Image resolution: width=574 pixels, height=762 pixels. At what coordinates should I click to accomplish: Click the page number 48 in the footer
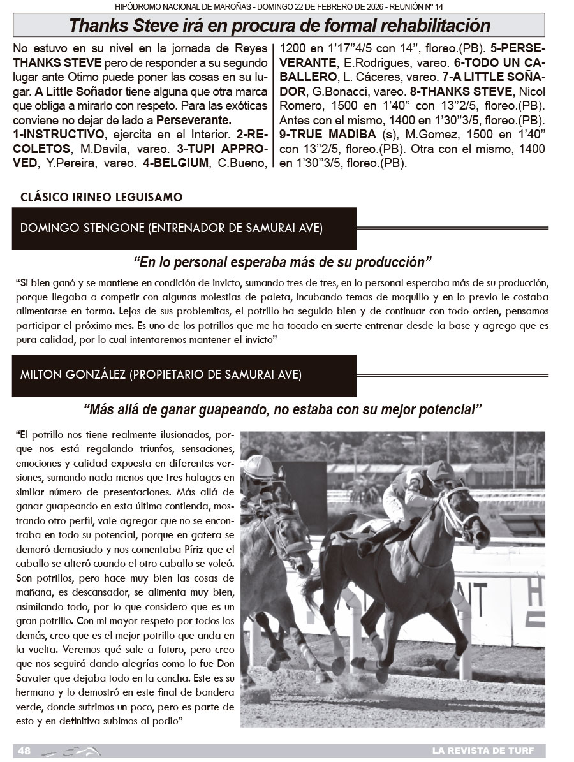pyautogui.click(x=24, y=751)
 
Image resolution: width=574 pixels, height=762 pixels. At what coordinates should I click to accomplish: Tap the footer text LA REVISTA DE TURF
pyautogui.click(x=483, y=751)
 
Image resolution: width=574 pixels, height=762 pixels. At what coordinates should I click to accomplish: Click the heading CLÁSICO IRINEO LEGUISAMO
pyautogui.click(x=101, y=197)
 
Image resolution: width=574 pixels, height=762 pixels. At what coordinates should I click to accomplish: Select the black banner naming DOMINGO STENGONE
pyautogui.click(x=184, y=228)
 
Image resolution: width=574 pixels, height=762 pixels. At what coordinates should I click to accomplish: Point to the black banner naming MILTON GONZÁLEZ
pyautogui.click(x=184, y=374)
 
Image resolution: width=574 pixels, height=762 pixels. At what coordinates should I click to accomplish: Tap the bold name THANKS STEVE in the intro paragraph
pyautogui.click(x=51, y=64)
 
